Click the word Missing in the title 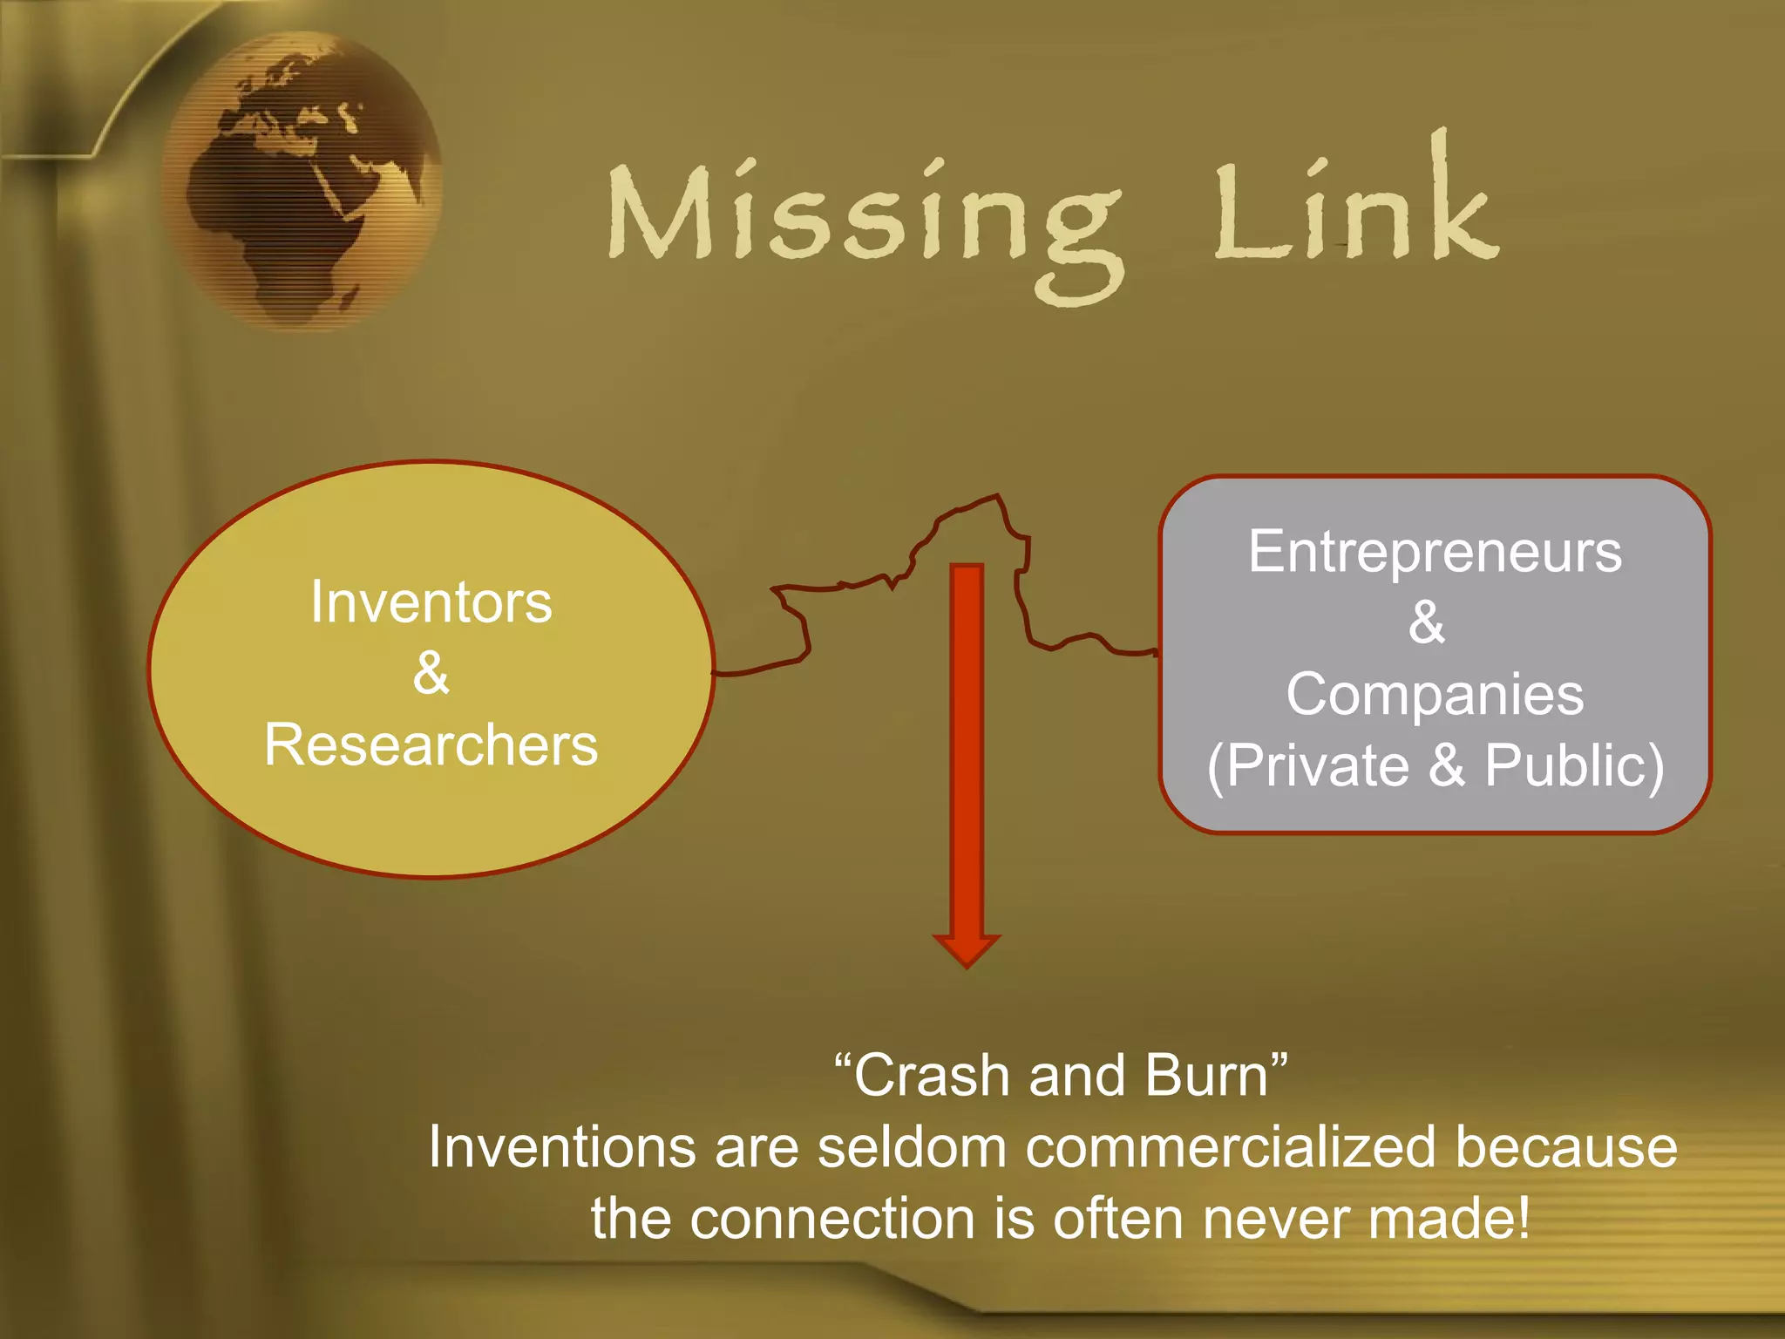coord(863,218)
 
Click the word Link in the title coord(1355,209)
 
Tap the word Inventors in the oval coord(431,602)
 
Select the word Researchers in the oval coord(431,745)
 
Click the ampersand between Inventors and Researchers coord(431,674)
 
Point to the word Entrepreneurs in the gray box coord(1435,552)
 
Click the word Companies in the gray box coord(1435,695)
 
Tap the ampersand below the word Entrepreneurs coord(1427,622)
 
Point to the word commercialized coord(1230,1147)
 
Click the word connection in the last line coord(832,1219)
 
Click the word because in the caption coord(1566,1147)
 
